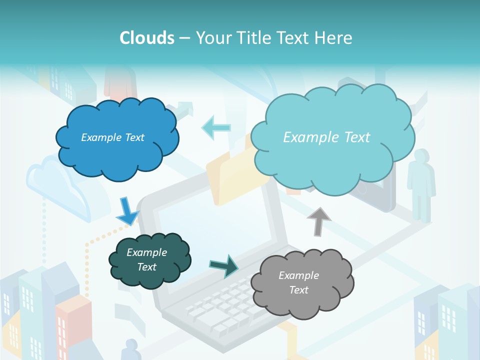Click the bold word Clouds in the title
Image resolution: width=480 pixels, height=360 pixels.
(x=147, y=38)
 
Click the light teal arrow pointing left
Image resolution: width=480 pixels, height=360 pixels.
(x=216, y=128)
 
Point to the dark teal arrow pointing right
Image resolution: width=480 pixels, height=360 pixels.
(x=223, y=266)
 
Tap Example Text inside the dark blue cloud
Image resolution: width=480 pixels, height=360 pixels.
(x=112, y=137)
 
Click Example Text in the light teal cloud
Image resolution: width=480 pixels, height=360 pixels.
(x=326, y=137)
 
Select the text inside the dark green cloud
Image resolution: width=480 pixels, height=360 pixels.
(x=146, y=259)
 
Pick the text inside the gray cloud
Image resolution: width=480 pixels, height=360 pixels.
(x=298, y=282)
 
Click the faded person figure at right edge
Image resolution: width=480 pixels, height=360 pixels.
(x=421, y=185)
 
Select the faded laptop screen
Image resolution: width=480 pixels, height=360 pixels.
(x=210, y=220)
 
